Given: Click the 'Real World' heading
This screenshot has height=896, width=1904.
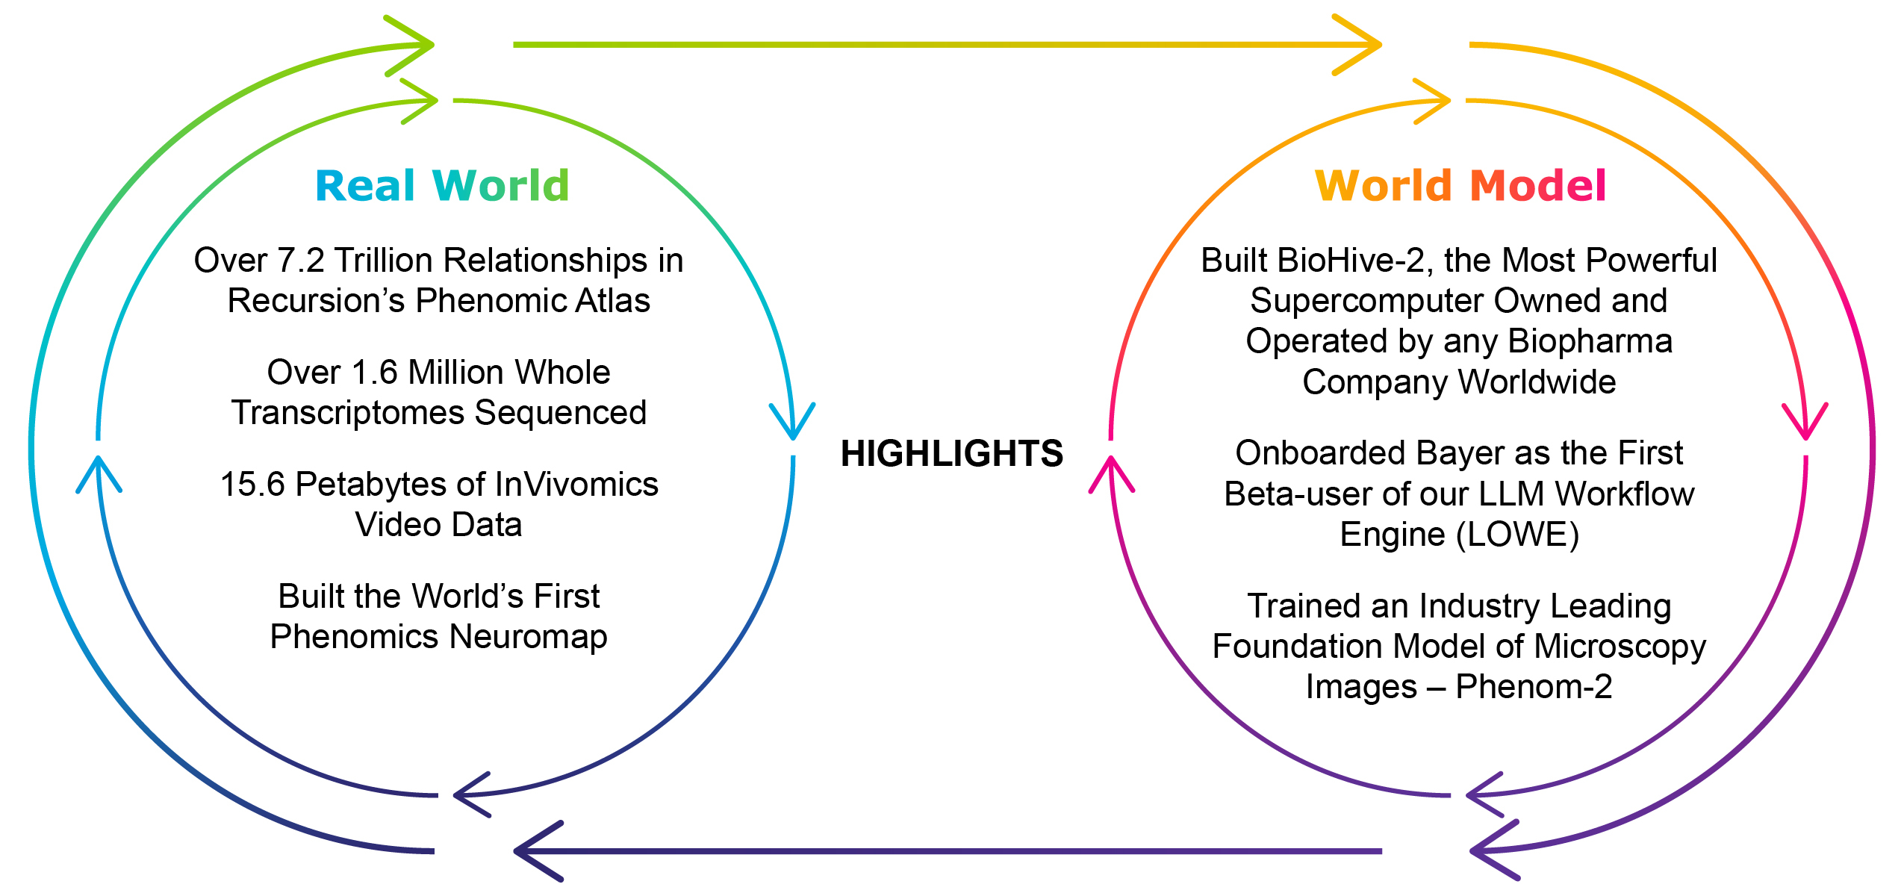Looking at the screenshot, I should pyautogui.click(x=442, y=186).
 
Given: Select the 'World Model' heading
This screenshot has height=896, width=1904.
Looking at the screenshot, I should pyautogui.click(x=1460, y=186).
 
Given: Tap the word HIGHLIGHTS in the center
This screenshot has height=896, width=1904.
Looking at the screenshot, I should pyautogui.click(x=951, y=453).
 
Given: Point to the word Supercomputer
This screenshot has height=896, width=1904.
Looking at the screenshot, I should pyautogui.click(x=1368, y=301).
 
